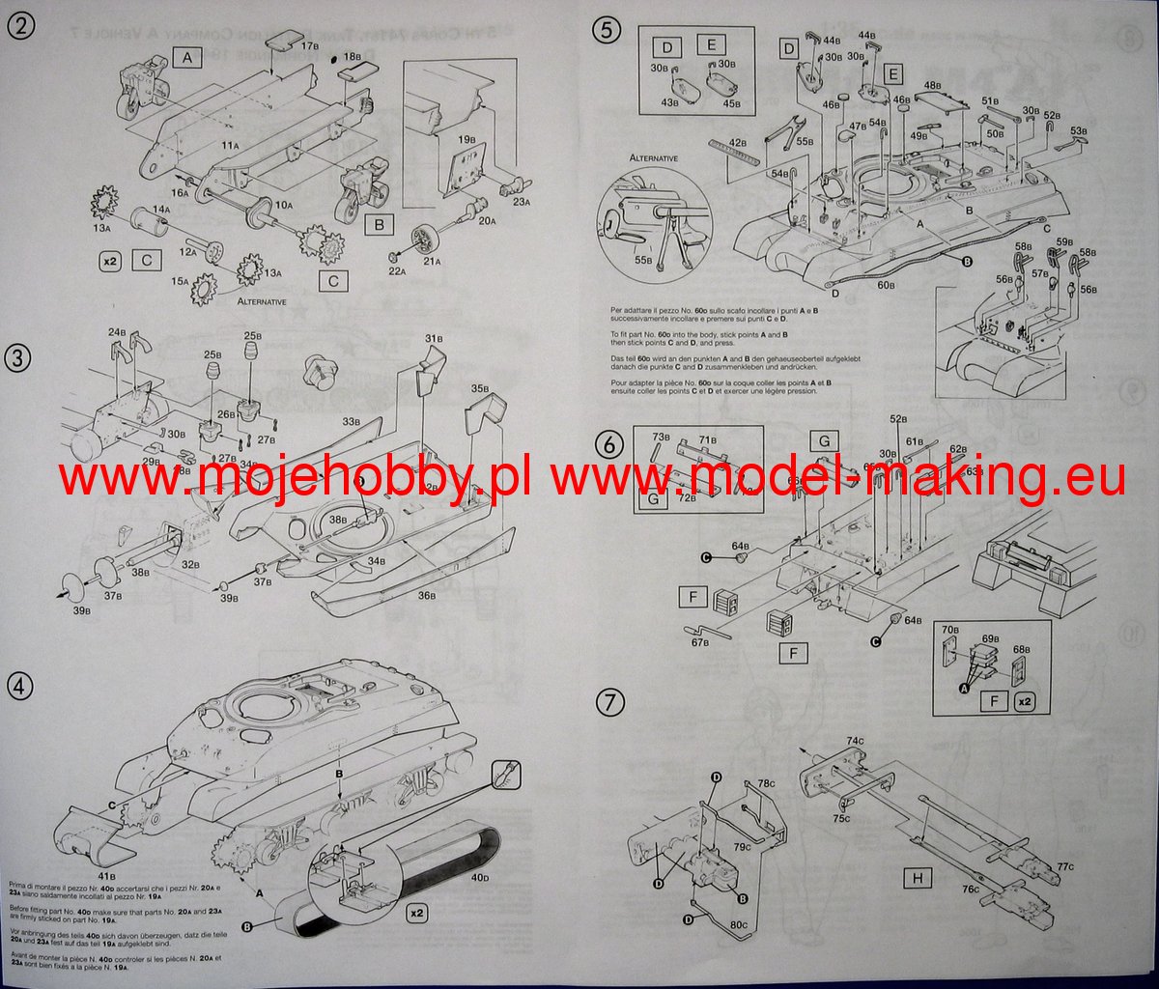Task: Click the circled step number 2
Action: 19,27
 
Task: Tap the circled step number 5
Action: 607,29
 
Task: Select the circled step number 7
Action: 607,703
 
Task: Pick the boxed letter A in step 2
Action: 188,59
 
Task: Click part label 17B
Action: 309,45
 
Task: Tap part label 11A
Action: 230,145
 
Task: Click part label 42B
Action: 739,143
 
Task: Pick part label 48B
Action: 933,86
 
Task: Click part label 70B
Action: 950,629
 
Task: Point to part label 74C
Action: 855,742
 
